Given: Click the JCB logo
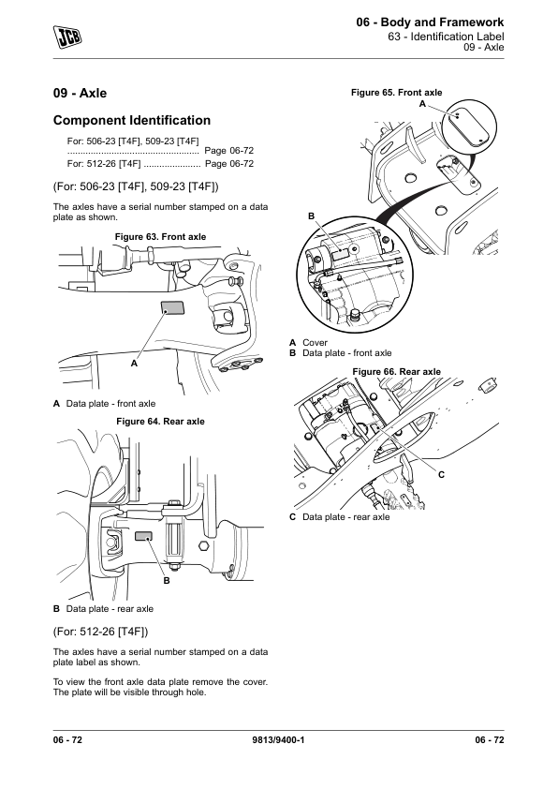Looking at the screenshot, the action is pyautogui.click(x=67, y=37).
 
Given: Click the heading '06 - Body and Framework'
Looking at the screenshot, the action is pyautogui.click(x=430, y=22).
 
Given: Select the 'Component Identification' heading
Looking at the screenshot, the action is pyautogui.click(x=132, y=120).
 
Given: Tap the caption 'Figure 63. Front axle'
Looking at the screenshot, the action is pyautogui.click(x=160, y=236).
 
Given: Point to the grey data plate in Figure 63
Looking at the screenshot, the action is pyautogui.click(x=172, y=307).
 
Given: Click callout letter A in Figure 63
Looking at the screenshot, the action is pyautogui.click(x=134, y=364).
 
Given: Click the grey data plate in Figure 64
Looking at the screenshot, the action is pyautogui.click(x=143, y=536).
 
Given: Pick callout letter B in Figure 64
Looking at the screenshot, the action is pyautogui.click(x=167, y=581).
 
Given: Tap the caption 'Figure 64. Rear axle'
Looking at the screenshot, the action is pyautogui.click(x=160, y=421).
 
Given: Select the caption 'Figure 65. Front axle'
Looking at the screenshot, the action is pyautogui.click(x=397, y=93).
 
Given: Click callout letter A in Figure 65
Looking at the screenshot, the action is pyautogui.click(x=422, y=104).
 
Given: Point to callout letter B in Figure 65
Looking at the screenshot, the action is pyautogui.click(x=311, y=216).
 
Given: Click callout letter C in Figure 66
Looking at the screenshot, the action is pyautogui.click(x=441, y=474).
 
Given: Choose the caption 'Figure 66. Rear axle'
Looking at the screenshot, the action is pyautogui.click(x=397, y=372).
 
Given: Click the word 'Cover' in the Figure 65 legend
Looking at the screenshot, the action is pyautogui.click(x=315, y=343).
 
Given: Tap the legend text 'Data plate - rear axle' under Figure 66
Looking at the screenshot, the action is pyautogui.click(x=345, y=516).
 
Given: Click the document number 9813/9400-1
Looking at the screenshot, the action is pyautogui.click(x=278, y=739).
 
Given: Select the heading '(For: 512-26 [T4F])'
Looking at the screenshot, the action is pyautogui.click(x=100, y=632).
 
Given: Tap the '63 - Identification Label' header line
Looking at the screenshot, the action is pyautogui.click(x=446, y=37).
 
